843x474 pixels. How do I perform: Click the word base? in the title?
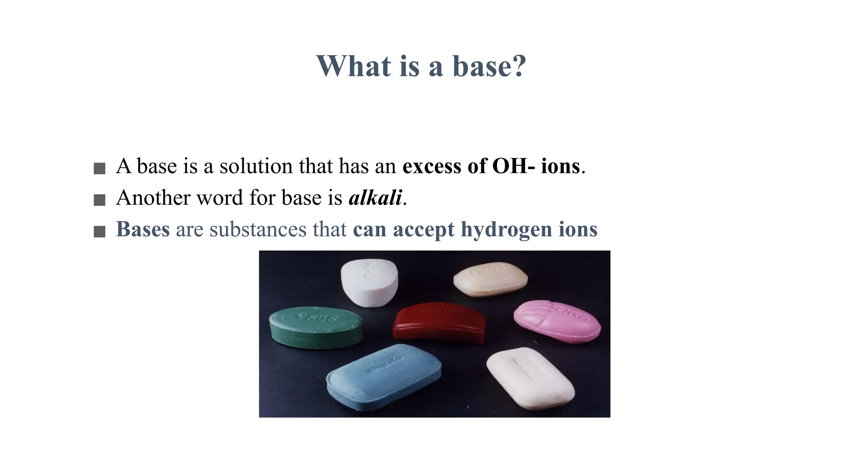pos(489,66)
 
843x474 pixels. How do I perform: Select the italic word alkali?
pos(375,197)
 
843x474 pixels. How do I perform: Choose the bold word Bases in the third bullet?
pos(143,229)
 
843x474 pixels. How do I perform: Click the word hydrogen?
pos(506,229)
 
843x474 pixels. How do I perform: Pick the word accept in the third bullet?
pos(424,229)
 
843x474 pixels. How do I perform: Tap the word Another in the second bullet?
pos(153,197)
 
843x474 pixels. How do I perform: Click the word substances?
pos(258,229)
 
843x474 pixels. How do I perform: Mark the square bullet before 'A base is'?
pos(100,168)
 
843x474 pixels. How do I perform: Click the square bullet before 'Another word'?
pos(100,200)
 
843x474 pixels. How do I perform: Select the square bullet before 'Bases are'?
pos(100,232)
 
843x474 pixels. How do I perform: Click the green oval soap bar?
pos(316,327)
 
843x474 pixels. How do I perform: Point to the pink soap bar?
pos(557,321)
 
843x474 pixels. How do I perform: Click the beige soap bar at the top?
pos(490,279)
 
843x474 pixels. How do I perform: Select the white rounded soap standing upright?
pos(369,282)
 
